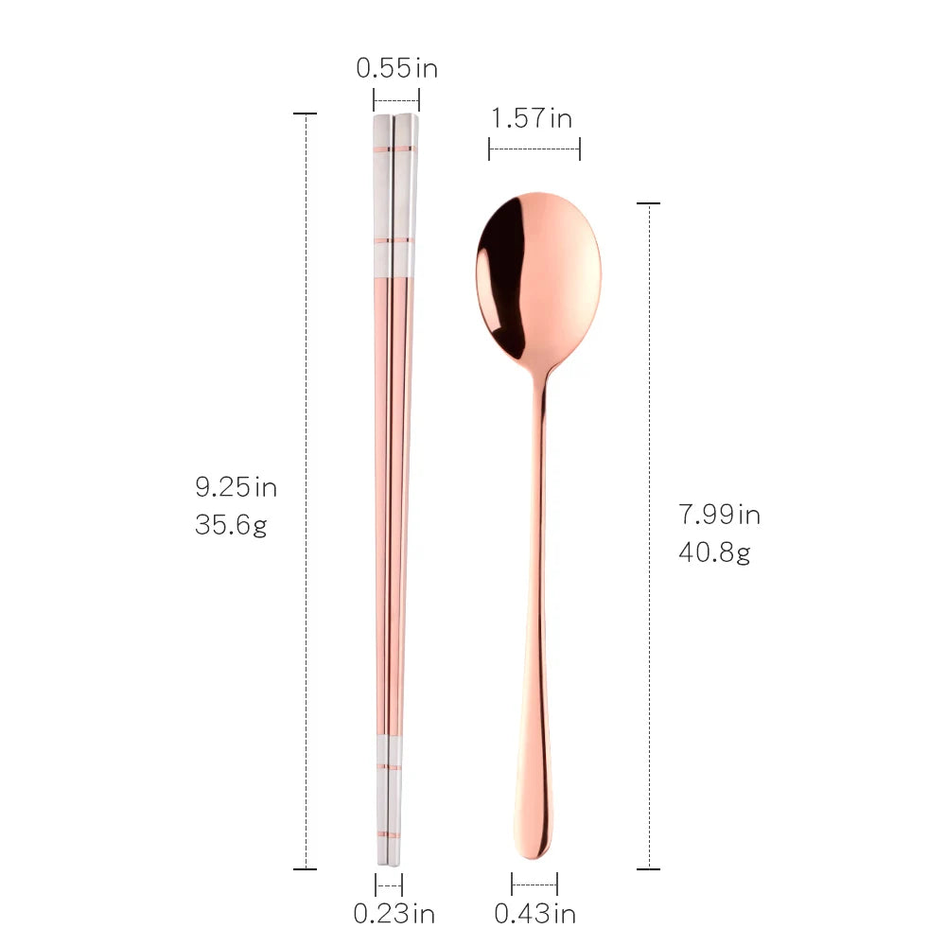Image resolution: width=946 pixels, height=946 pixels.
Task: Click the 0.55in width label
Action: tap(396, 68)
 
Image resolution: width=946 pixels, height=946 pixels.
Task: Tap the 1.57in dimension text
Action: tap(532, 117)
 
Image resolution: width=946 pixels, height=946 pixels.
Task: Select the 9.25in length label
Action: tap(236, 487)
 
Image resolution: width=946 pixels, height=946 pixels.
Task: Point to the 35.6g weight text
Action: tap(231, 525)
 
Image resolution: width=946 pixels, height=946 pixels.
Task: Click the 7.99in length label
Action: tap(719, 515)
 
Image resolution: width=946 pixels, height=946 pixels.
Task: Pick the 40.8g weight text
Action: tap(714, 552)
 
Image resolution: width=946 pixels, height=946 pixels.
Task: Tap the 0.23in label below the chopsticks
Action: tap(394, 914)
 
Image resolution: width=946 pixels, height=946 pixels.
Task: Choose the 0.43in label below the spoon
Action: tap(535, 914)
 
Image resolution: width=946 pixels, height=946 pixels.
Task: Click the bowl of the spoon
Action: tap(539, 277)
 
